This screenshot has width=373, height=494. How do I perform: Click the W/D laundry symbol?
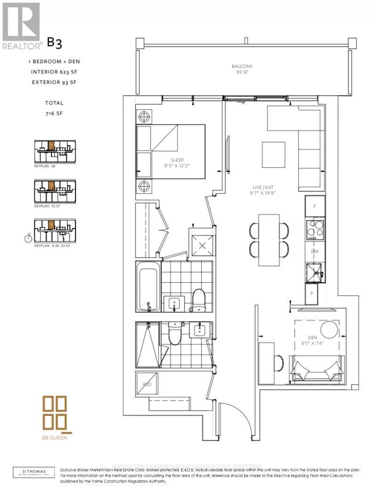click(x=147, y=384)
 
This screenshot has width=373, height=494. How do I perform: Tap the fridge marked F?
click(x=315, y=206)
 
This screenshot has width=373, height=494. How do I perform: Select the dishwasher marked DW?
click(x=315, y=251)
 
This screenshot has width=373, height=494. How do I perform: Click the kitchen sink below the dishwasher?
click(x=314, y=271)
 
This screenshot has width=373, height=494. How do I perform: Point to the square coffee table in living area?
click(x=273, y=154)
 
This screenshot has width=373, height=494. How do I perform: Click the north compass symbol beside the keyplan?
click(x=28, y=238)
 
